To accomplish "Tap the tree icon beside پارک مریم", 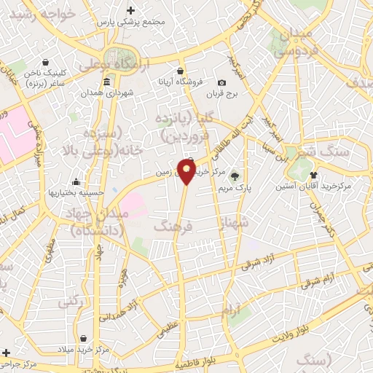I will [x=234, y=176].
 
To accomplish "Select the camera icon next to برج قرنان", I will [x=221, y=83].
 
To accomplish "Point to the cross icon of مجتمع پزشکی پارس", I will [x=131, y=10].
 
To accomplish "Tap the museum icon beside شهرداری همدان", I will [x=107, y=81].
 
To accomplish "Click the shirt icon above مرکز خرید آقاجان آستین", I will [x=314, y=174].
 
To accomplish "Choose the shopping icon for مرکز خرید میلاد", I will [x=85, y=338].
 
